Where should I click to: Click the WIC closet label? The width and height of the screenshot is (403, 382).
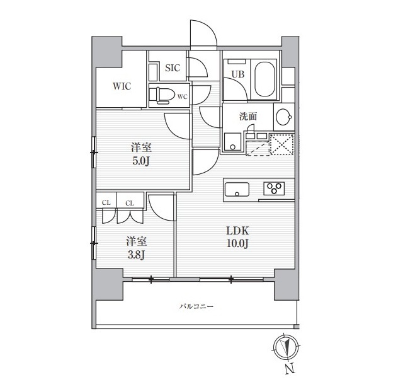pos(122,86)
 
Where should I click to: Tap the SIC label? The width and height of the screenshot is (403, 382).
pos(173,68)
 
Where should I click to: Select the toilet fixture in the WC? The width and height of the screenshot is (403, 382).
pos(162,96)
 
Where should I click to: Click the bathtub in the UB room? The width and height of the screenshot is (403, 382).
pos(265,79)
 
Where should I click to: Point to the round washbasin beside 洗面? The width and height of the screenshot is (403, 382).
pos(284,117)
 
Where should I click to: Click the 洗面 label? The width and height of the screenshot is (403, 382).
pos(248,116)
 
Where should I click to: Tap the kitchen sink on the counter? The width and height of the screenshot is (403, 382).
pos(237,190)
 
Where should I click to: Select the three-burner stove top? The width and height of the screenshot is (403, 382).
pos(274,188)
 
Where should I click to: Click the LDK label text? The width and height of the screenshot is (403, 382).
pos(237,231)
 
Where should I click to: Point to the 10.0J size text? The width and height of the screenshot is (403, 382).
pos(237,243)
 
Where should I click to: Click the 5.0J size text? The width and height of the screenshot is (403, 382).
pos(141,161)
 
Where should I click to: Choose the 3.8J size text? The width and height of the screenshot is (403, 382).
pos(136,255)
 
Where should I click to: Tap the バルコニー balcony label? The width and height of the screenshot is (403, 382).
pos(196,306)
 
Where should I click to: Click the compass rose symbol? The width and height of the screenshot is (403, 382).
pos(287,347)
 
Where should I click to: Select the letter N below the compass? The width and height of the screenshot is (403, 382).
pos(290,369)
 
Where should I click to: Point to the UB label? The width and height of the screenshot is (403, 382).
pos(238,74)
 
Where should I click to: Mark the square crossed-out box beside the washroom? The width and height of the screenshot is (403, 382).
pos(281,144)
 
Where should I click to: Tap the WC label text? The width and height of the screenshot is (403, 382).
pos(183,96)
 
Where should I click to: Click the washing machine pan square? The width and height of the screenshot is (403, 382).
pos(233,142)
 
